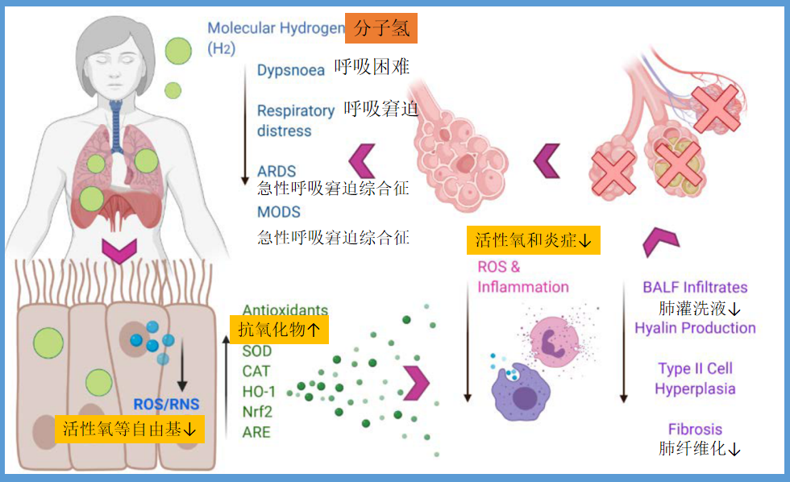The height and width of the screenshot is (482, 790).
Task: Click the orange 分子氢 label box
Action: (x=381, y=29)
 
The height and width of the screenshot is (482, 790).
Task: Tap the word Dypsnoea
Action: (x=290, y=70)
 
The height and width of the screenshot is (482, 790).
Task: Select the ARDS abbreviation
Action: (x=276, y=172)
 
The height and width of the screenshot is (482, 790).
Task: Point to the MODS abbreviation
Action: (x=279, y=212)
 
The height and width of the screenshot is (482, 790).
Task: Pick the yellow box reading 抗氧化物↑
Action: (x=279, y=330)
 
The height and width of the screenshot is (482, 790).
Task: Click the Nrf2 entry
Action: (x=256, y=412)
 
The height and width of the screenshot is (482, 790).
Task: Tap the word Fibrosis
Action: (x=695, y=429)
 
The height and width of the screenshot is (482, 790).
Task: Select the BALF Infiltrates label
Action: (x=695, y=287)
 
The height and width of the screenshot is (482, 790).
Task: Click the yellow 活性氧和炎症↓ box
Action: (x=534, y=239)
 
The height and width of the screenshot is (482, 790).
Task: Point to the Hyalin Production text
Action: (x=695, y=328)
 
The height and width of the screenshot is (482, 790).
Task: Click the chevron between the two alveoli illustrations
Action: (x=547, y=160)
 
